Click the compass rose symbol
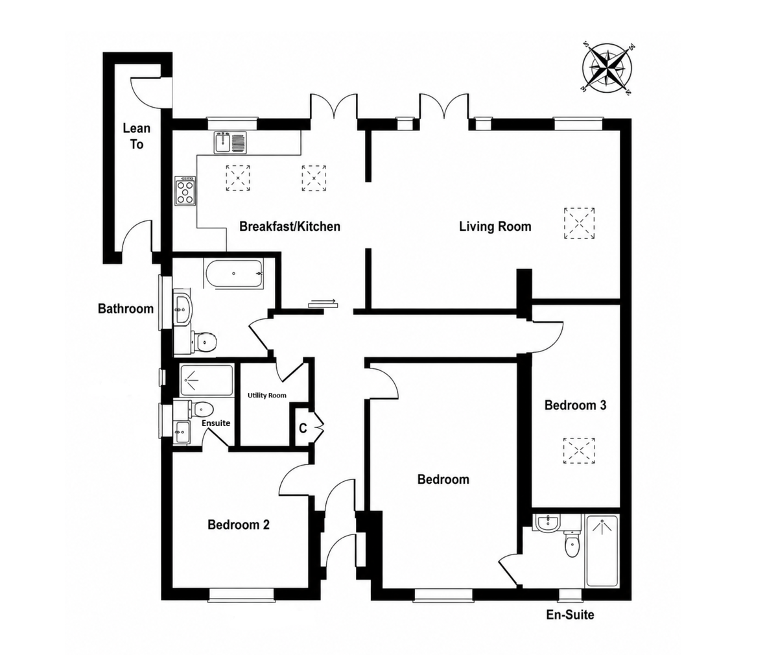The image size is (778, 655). pos(607,69)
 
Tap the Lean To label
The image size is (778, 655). pos(137,136)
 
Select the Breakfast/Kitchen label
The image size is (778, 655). pos(290,226)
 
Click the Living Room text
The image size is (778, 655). pos(495,226)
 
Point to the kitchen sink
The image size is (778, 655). pos(230,142)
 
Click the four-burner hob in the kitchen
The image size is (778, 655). pos(185,191)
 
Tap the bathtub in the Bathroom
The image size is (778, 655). pos(233,274)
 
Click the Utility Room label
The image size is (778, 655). pos(266,395)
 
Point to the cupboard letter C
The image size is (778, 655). pos(303,429)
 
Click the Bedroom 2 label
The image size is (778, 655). pos(239,525)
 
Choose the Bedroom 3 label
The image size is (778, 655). pos(575,405)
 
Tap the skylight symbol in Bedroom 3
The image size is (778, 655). pos(579,451)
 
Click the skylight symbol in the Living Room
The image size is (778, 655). pos(579,223)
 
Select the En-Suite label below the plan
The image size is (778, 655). pos(570,625)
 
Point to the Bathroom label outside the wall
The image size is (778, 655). pos(126,309)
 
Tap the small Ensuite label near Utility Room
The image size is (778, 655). pos(216,423)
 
